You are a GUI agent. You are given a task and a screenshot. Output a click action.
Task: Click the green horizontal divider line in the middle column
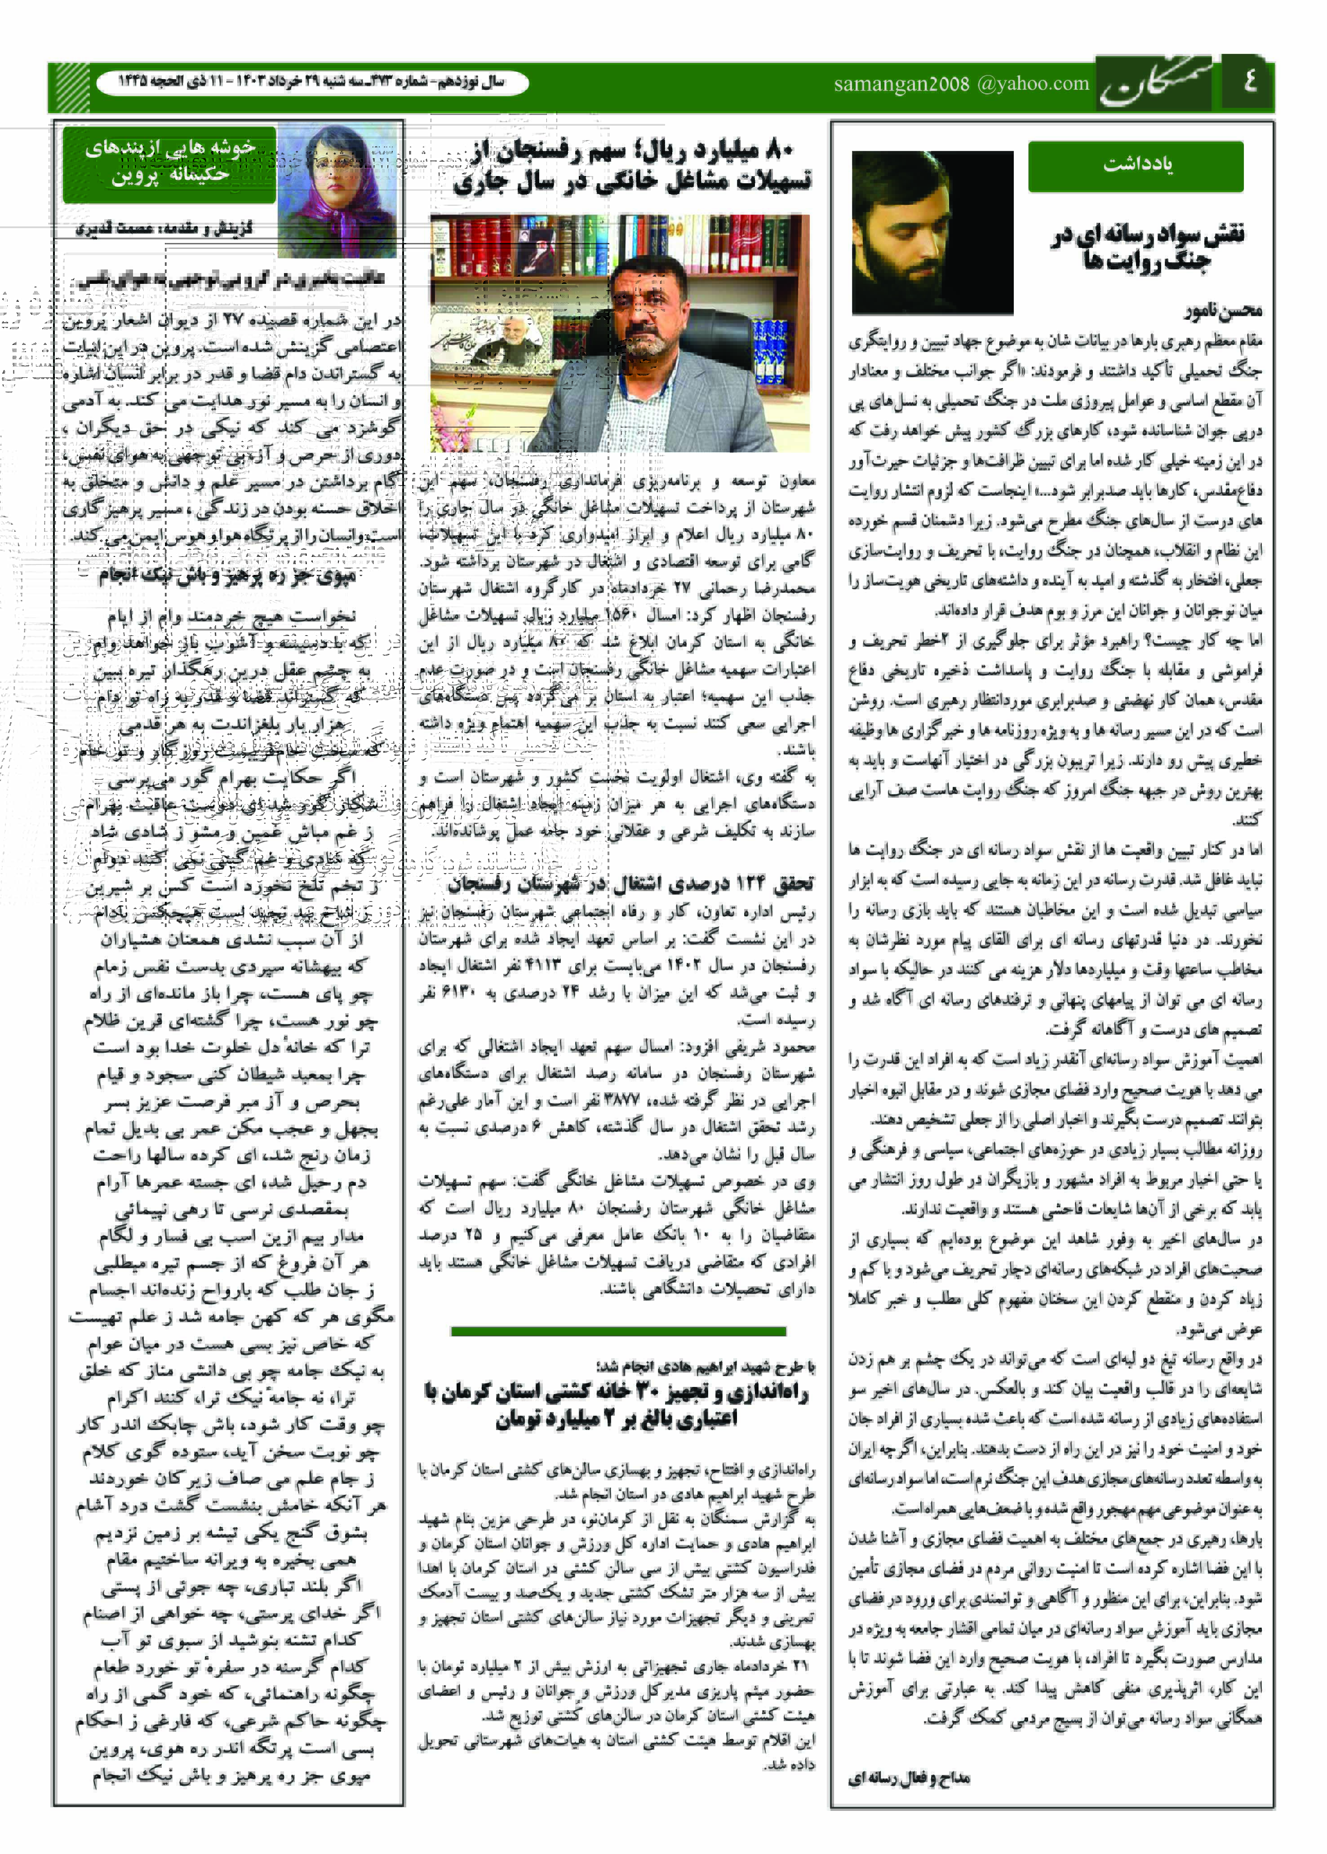pos(618,1331)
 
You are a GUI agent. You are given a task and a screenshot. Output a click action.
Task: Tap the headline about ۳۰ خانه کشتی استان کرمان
pos(617,1405)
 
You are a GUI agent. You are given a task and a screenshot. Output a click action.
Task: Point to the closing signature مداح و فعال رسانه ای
pos(909,1778)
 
